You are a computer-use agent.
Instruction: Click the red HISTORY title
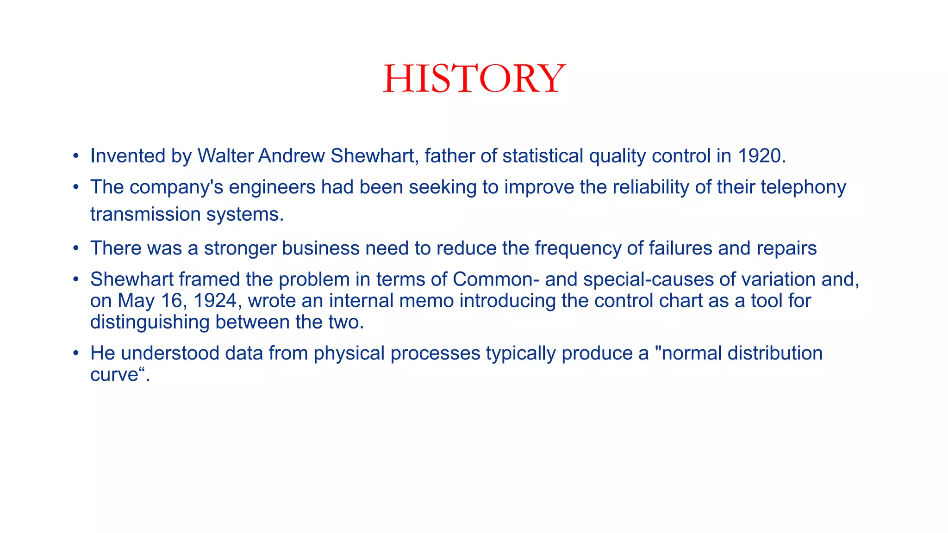pos(474,79)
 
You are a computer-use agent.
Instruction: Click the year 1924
pos(215,301)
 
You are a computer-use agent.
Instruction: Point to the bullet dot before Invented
pos(76,156)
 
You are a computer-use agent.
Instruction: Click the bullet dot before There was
pos(76,248)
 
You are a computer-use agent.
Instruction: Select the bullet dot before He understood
pos(76,353)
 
